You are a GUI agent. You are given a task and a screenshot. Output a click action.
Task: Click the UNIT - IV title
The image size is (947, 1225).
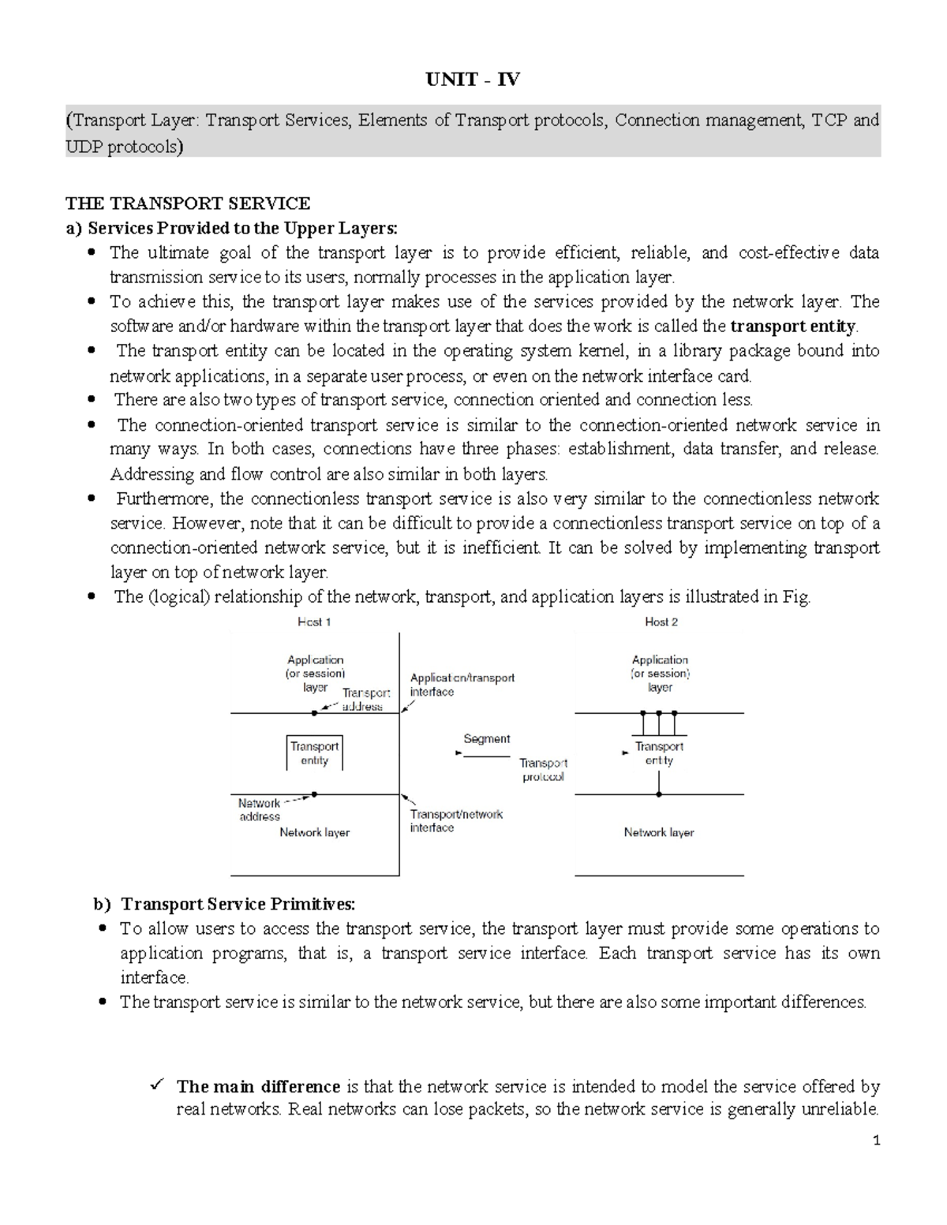[x=473, y=80]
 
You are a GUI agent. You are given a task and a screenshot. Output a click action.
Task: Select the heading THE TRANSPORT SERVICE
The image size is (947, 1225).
[x=187, y=204]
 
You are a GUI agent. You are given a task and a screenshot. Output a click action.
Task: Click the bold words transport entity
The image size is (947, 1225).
[x=792, y=326]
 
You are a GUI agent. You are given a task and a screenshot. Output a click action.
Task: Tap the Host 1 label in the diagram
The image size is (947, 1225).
[x=314, y=622]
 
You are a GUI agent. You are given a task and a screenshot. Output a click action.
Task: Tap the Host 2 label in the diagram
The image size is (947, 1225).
[x=661, y=622]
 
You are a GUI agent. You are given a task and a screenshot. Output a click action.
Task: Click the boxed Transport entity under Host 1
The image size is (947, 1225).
[x=314, y=753]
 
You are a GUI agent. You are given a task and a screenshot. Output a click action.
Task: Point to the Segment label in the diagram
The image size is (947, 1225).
[x=486, y=739]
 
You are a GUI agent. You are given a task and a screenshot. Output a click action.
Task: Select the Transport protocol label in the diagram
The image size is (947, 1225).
[x=543, y=770]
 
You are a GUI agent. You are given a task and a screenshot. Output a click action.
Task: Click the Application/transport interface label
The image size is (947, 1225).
[x=462, y=685]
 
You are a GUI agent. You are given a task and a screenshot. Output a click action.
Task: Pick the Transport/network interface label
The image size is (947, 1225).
[x=455, y=821]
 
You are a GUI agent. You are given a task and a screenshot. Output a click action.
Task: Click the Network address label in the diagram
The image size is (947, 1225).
[x=259, y=810]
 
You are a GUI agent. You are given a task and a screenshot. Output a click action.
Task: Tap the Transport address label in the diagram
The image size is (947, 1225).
[x=365, y=700]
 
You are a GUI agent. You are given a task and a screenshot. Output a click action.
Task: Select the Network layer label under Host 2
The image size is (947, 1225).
[x=658, y=832]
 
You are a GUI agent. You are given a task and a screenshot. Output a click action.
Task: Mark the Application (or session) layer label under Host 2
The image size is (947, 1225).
[x=660, y=674]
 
